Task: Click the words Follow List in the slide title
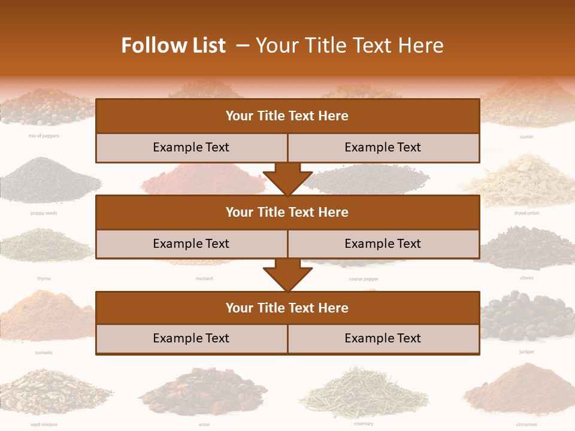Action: pyautogui.click(x=173, y=45)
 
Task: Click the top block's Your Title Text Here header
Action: pyautogui.click(x=287, y=116)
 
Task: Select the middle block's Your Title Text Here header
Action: pyautogui.click(x=287, y=212)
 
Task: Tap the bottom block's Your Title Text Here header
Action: pyautogui.click(x=287, y=308)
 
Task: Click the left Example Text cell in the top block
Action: pyautogui.click(x=191, y=147)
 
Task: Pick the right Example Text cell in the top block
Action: pyautogui.click(x=383, y=147)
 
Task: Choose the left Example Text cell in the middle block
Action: pyautogui.click(x=191, y=244)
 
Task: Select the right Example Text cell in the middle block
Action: pyautogui.click(x=383, y=244)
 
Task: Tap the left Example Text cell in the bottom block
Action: pyautogui.click(x=191, y=338)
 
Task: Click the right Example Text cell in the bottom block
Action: pyautogui.click(x=383, y=338)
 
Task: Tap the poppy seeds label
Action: pyautogui.click(x=44, y=213)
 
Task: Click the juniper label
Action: pyautogui.click(x=526, y=352)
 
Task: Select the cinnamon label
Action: pyautogui.click(x=526, y=424)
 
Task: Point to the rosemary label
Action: pyautogui.click(x=364, y=424)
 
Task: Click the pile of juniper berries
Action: pyautogui.click(x=526, y=317)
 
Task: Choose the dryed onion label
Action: pyautogui.click(x=526, y=213)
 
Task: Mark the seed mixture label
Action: pyautogui.click(x=44, y=424)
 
